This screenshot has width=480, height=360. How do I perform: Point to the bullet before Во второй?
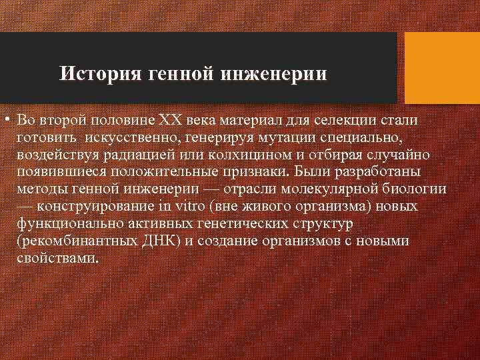tap(6, 121)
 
